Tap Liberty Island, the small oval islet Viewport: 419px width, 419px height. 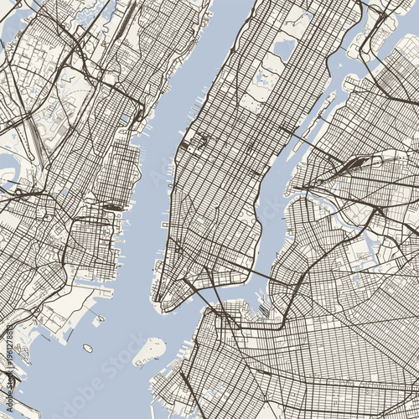tap(87, 348)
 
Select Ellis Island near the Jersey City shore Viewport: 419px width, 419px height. tap(100, 319)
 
